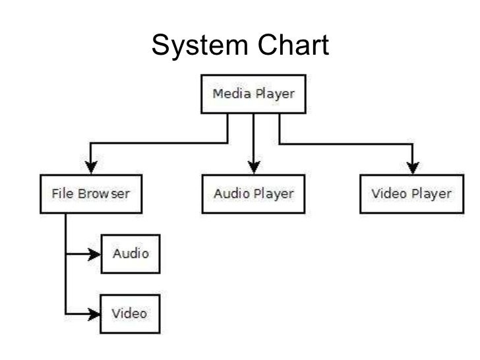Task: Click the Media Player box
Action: pyautogui.click(x=253, y=94)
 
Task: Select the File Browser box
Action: pyautogui.click(x=91, y=194)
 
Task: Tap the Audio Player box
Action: pyautogui.click(x=253, y=194)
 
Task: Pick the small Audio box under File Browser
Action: pyautogui.click(x=131, y=254)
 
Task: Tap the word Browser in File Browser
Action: pyautogui.click(x=106, y=194)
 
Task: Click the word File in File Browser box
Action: pyautogui.click(x=61, y=194)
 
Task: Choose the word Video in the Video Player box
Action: pyautogui.click(x=390, y=194)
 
